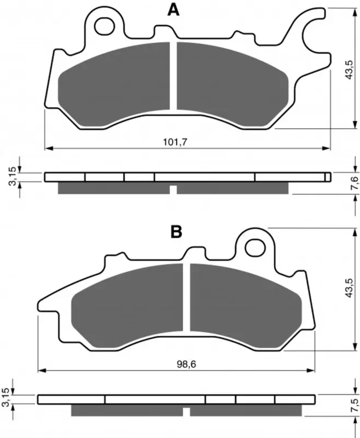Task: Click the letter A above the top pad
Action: point(173,10)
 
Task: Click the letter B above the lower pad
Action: point(176,232)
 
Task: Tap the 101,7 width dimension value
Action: point(175,142)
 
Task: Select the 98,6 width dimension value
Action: point(187,364)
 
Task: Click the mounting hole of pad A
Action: point(104,26)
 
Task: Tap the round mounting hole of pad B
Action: point(255,247)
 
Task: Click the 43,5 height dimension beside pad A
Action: point(349,70)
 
